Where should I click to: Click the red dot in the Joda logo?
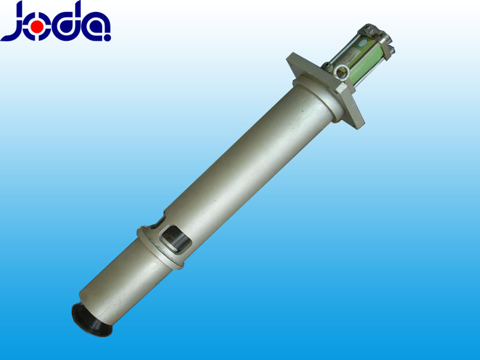[38, 27]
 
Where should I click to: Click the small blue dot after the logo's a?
[107, 38]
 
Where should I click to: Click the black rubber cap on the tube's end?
[91, 319]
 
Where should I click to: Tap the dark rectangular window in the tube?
[176, 238]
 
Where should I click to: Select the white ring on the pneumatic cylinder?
[341, 72]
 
